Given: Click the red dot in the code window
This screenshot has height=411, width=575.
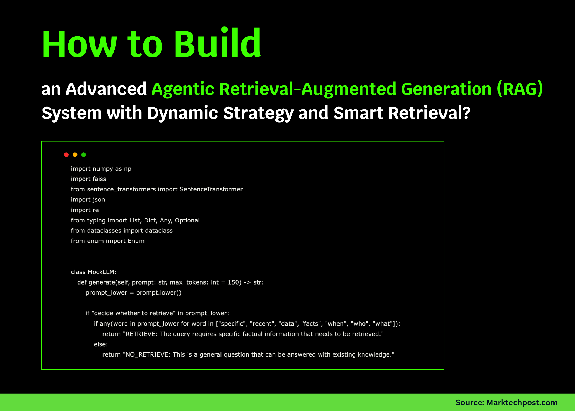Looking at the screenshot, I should click(66, 155).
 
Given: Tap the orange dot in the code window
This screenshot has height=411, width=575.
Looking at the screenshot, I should click(75, 155).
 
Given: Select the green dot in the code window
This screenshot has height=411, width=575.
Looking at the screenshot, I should click(84, 155).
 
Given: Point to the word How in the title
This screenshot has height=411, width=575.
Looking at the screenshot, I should click(79, 44).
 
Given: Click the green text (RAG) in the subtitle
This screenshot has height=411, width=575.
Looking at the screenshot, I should click(520, 89).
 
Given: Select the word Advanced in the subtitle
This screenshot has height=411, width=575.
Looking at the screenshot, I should click(106, 89).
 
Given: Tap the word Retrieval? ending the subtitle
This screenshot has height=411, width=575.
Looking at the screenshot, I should click(429, 113).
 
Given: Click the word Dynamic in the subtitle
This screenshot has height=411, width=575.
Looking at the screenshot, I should click(182, 113).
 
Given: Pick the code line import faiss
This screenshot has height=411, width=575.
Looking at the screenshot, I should click(88, 179).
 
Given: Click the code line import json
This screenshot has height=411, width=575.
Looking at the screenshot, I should click(88, 200).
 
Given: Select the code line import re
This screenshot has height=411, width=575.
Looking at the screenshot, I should click(85, 210).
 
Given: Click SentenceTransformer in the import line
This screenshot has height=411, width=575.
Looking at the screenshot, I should click(211, 189).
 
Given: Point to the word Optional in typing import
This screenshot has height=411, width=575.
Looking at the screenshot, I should click(187, 220).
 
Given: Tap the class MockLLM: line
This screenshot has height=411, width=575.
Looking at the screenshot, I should click(94, 272).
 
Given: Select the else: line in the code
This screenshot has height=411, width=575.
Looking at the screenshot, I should click(101, 344).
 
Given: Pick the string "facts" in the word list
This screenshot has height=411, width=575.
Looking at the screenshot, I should click(311, 324).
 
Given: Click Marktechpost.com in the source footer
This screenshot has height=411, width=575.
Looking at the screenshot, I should click(522, 402).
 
